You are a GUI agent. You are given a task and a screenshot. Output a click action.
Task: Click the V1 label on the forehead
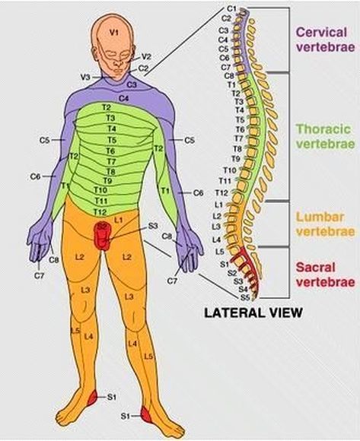tap(114, 33)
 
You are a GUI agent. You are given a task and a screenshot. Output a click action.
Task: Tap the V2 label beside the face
tap(146, 57)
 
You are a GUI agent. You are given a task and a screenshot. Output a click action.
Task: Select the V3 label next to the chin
tap(85, 77)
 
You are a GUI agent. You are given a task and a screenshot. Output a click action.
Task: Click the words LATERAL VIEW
tap(253, 313)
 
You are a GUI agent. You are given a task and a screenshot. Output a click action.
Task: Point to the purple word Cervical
tap(321, 32)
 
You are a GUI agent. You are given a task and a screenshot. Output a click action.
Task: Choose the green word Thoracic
tap(323, 129)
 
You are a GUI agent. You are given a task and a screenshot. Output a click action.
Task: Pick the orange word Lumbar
tap(320, 217)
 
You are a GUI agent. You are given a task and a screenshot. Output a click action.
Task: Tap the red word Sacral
tap(316, 267)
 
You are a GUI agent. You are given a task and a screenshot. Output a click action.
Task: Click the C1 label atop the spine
tap(231, 9)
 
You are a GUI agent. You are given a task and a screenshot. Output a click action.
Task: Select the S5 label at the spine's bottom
tap(244, 297)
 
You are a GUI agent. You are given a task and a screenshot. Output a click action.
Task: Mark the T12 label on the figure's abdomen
tap(100, 211)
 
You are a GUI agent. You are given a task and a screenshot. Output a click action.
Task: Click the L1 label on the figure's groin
tap(119, 220)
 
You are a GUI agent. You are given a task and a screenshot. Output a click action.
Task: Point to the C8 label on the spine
tap(229, 76)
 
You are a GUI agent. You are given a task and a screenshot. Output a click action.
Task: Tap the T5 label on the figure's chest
tap(112, 140)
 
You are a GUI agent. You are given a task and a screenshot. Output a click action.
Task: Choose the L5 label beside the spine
tap(220, 252)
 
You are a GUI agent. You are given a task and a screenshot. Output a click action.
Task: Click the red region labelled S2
tap(102, 236)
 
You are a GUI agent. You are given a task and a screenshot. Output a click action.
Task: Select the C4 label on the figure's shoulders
tap(123, 98)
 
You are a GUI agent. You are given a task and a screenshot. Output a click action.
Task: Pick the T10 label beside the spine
tap(230, 170)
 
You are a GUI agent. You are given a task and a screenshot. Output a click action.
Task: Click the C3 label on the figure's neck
tap(132, 84)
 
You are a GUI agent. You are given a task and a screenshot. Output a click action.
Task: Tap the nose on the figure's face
tap(118, 62)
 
